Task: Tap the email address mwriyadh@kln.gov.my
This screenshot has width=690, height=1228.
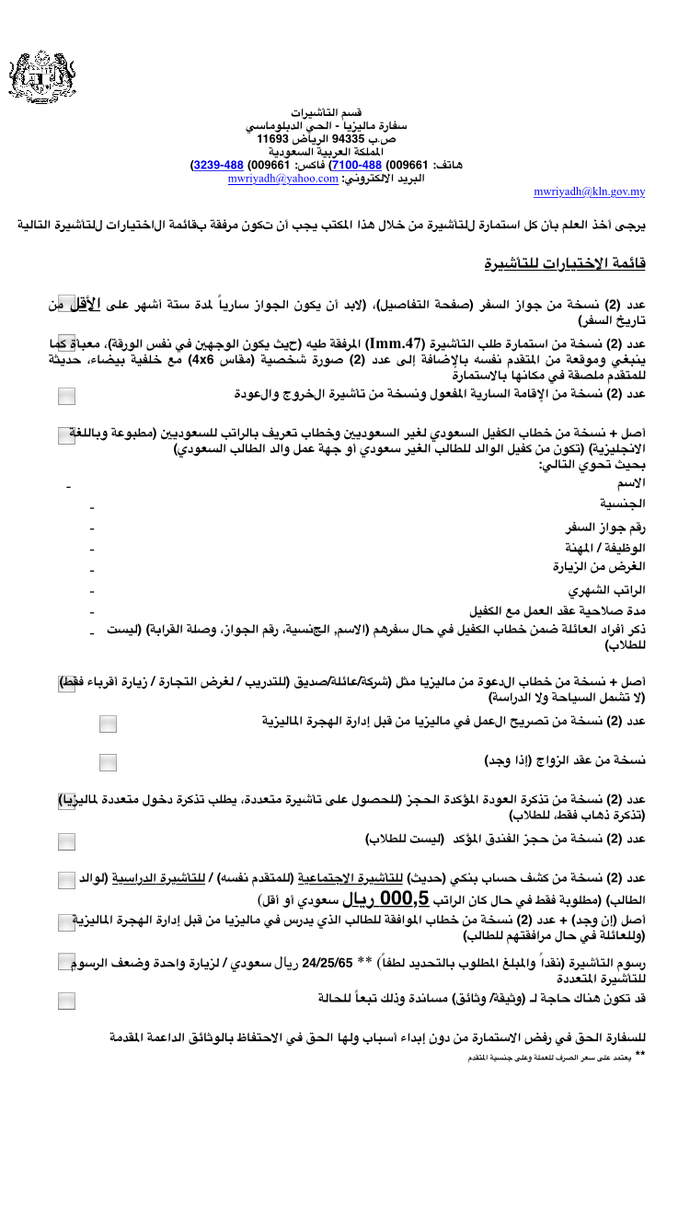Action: (590, 191)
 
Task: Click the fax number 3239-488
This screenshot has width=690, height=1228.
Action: (216, 166)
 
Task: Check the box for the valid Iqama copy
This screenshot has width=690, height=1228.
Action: (67, 396)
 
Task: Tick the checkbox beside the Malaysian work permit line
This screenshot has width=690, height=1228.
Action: (109, 724)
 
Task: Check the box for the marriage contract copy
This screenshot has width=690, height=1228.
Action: (109, 762)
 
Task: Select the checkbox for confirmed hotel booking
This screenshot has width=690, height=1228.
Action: (67, 840)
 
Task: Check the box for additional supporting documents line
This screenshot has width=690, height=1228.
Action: (67, 1002)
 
